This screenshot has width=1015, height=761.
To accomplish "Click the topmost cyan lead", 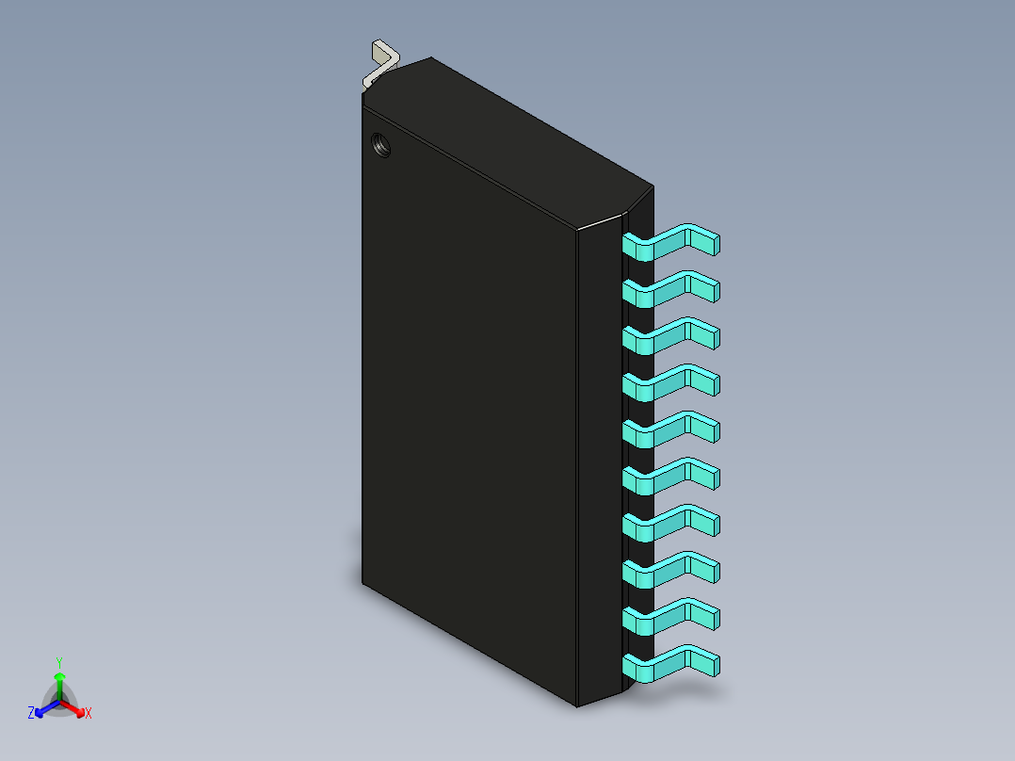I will (670, 242).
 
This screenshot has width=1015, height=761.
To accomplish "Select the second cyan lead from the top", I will (670, 289).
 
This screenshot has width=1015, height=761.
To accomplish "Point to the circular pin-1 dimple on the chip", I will (382, 145).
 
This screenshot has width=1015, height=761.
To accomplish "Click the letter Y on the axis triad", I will (58, 662).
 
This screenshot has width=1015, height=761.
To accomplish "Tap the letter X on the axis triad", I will (89, 714).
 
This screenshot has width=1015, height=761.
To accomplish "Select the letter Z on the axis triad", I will (31, 714).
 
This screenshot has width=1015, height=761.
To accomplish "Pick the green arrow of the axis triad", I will (59, 682).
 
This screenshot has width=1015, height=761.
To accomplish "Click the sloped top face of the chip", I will (508, 141).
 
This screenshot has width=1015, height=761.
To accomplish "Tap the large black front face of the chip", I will (466, 396).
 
